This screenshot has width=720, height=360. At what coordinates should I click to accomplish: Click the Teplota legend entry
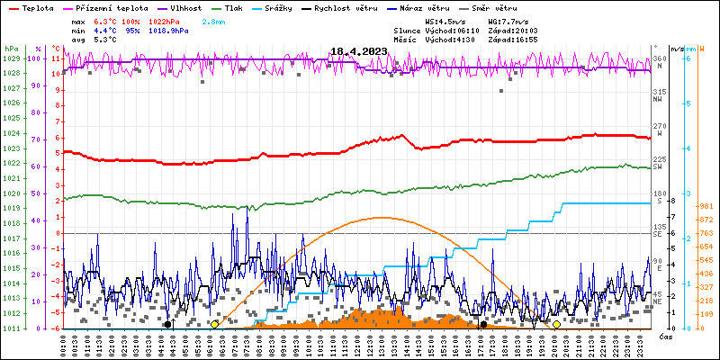tap(31, 7)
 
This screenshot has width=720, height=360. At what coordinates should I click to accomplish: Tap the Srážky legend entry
tap(279, 7)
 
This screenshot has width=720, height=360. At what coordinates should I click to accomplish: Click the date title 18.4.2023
tap(358, 51)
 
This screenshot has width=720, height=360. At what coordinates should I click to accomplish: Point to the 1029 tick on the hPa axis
tap(11, 58)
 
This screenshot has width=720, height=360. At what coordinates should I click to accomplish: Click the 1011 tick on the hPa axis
tap(11, 328)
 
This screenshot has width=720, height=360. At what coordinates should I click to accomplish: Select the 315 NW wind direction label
tap(660, 92)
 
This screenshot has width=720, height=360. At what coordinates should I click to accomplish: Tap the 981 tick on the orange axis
tap(705, 205)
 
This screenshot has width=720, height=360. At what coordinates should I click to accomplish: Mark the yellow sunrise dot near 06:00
tap(214, 324)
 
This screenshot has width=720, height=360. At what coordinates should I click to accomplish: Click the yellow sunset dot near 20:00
tap(556, 324)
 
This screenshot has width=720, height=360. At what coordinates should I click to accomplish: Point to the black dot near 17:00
tap(483, 324)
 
